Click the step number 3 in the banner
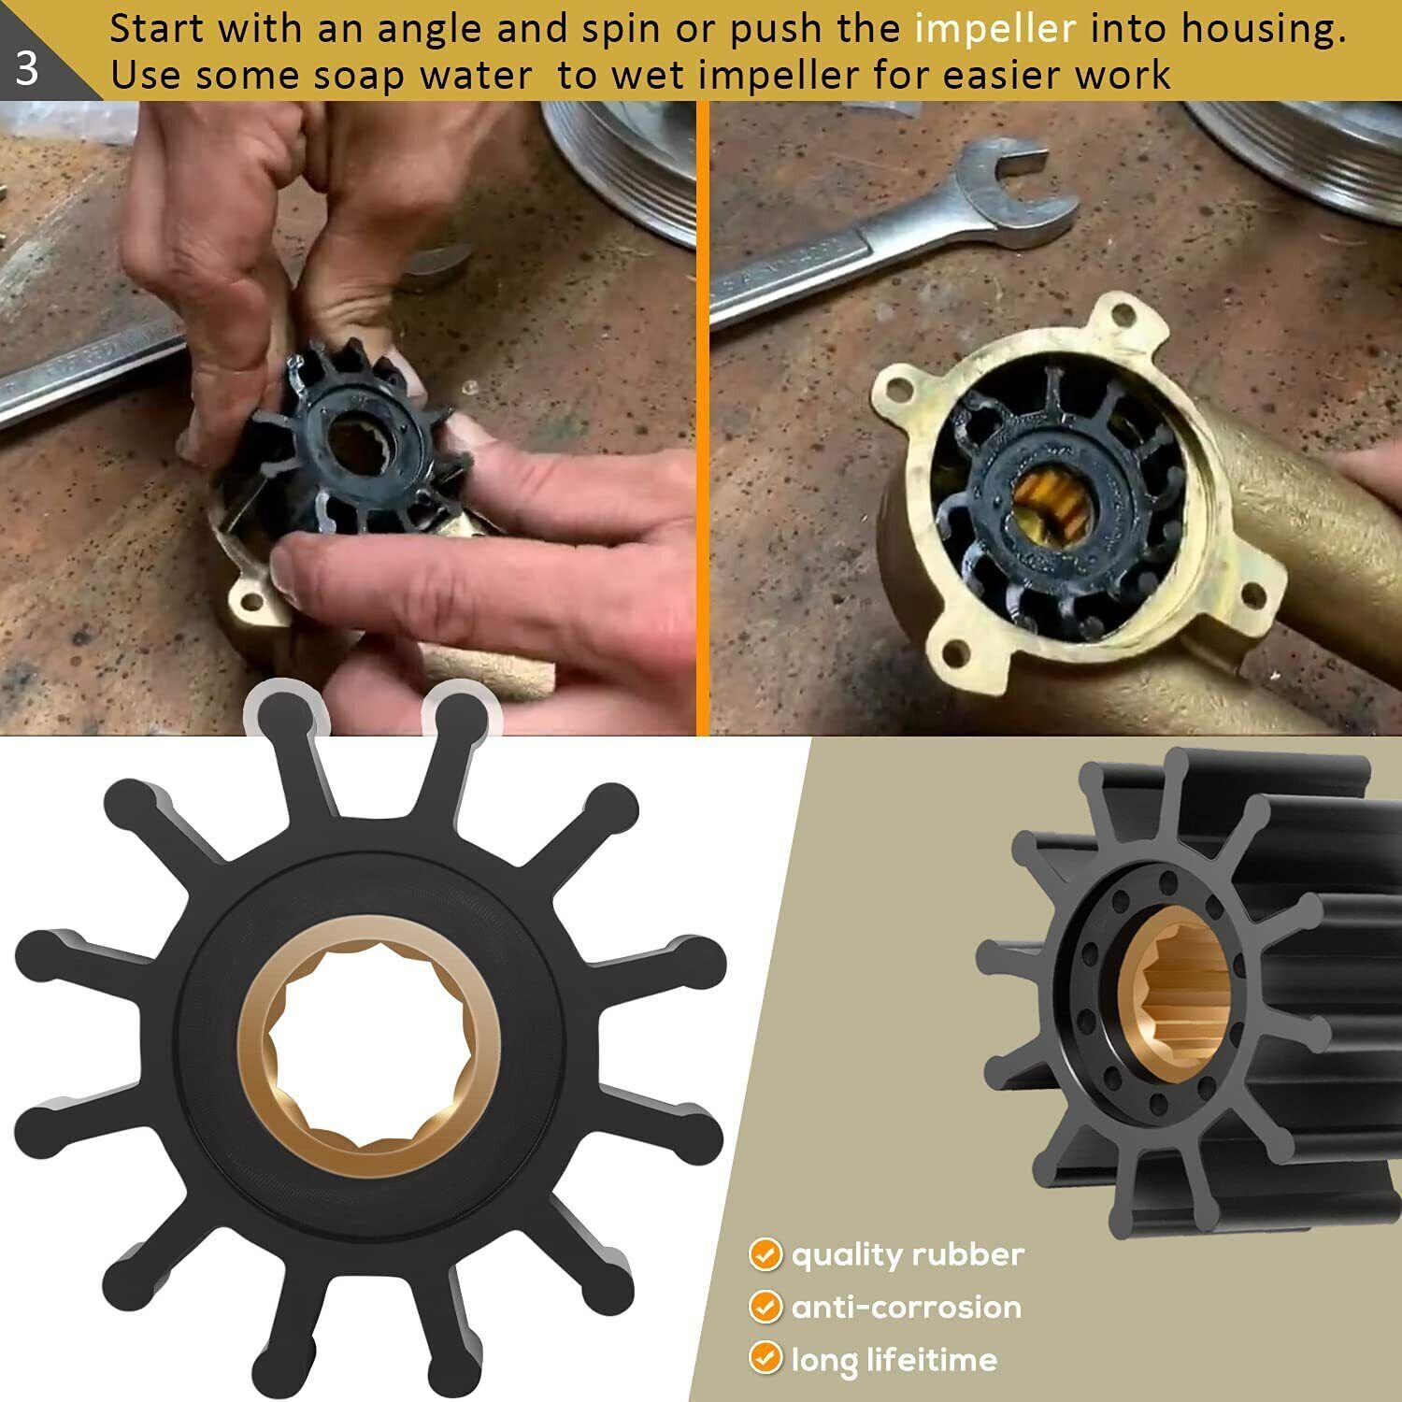pyautogui.click(x=27, y=68)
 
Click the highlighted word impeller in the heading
pyautogui.click(x=995, y=30)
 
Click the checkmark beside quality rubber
pyautogui.click(x=765, y=1254)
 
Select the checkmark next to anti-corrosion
pyautogui.click(x=765, y=1307)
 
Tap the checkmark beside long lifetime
pyautogui.click(x=765, y=1358)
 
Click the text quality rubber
pyautogui.click(x=908, y=1254)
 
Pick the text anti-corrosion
pyautogui.click(x=906, y=1307)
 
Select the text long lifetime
pyautogui.click(x=894, y=1359)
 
